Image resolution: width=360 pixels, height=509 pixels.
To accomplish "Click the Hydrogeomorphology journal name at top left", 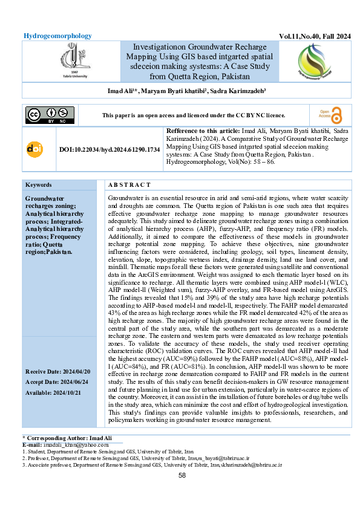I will (57, 36).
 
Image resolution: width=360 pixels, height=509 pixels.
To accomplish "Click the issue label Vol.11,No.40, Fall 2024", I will (315, 37).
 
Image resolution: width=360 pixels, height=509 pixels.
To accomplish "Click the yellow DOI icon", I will (34, 149).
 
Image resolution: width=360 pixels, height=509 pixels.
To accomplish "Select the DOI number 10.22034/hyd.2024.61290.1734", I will (110, 149).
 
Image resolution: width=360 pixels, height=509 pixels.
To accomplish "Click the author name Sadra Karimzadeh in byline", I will (248, 91).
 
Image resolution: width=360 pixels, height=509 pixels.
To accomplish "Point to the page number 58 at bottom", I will (182, 476).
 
